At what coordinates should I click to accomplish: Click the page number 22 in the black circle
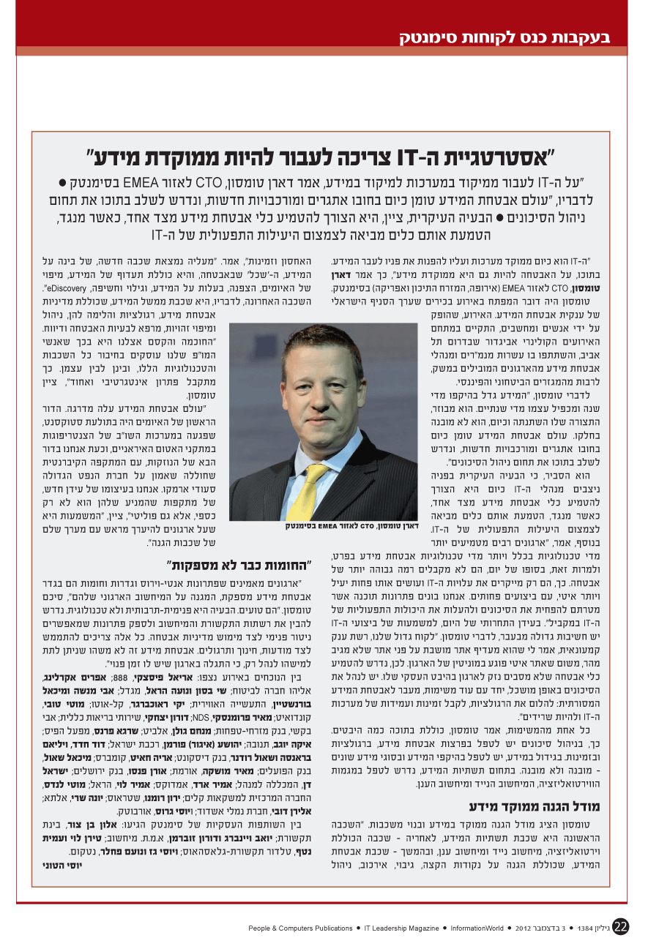click(620, 926)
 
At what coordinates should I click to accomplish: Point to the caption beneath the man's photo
click(351, 525)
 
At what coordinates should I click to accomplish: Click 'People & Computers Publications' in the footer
click(301, 928)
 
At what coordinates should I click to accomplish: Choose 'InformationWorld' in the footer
click(477, 928)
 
